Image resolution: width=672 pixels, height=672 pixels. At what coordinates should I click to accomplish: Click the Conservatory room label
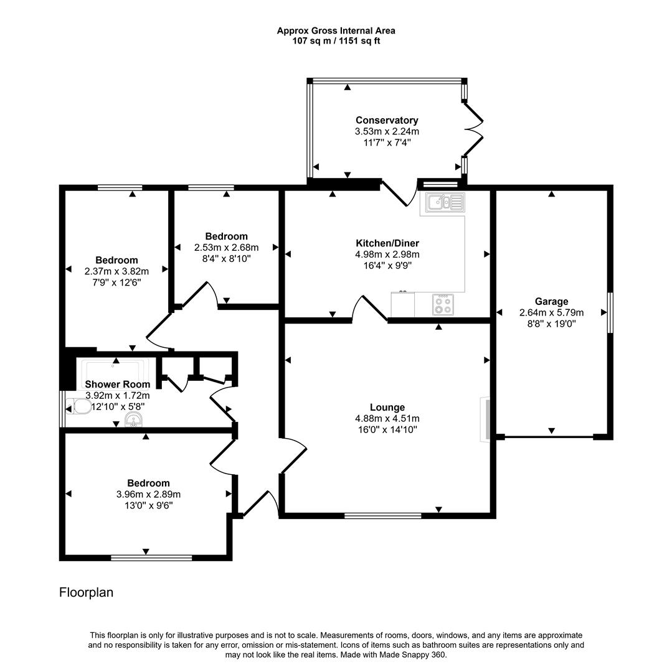tap(387, 120)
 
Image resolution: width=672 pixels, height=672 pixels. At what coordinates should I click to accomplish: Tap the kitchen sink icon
tap(445, 202)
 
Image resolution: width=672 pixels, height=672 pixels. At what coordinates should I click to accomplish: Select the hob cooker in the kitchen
tap(443, 304)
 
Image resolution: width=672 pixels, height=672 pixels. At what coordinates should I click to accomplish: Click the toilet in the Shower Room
tap(80, 408)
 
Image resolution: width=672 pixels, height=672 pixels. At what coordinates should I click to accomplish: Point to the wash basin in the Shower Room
tap(133, 421)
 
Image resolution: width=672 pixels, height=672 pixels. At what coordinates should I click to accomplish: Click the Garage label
tap(551, 302)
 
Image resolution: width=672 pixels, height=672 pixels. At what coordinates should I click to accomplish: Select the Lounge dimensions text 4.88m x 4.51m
tap(387, 418)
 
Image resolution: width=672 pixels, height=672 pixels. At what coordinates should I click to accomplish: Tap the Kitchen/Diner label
tap(387, 243)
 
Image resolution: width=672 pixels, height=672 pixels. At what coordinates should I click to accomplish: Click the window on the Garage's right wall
tap(610, 312)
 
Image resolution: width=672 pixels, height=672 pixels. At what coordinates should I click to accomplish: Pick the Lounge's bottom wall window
tap(382, 515)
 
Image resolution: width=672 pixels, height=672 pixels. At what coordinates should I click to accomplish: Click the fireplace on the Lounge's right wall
tap(485, 420)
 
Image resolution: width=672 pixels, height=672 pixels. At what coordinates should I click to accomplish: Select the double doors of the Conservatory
tap(472, 130)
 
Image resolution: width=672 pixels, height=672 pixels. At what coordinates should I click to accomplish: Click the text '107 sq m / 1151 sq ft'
tap(336, 41)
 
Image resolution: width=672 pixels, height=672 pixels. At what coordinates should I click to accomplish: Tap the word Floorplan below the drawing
tap(86, 592)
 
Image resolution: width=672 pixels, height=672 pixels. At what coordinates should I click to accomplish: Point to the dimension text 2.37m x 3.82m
tap(116, 271)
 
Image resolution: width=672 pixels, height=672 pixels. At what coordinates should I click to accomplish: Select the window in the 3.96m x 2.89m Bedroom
tap(151, 558)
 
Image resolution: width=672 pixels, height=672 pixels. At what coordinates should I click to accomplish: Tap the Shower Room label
tap(117, 385)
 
